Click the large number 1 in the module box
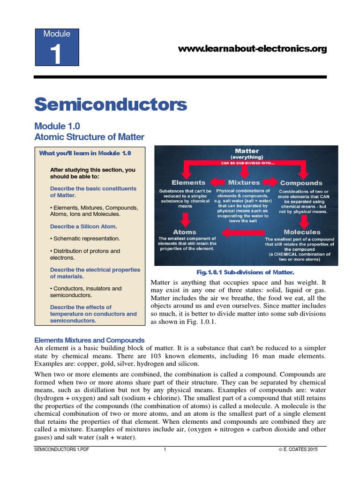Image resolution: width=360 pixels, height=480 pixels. coord(57,54)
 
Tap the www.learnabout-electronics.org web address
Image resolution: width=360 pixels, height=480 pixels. coord(253,49)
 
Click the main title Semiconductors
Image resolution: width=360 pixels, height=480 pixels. coord(111,104)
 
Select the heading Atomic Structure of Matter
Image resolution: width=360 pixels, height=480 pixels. coord(90,137)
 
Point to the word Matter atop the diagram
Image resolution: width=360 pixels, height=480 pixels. coord(247,151)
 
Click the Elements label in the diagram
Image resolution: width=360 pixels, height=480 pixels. coord(188,182)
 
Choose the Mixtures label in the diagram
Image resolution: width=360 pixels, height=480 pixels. coord(244,182)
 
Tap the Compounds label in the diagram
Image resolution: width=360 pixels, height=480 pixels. coord(301,183)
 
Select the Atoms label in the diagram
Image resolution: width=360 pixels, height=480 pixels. coord(185,232)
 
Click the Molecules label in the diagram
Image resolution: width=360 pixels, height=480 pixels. coord(302,232)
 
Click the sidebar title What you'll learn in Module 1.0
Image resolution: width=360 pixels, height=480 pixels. coord(85,153)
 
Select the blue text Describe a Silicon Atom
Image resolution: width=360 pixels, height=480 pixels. coord(82,226)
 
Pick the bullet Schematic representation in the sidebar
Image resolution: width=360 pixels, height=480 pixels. coord(85,239)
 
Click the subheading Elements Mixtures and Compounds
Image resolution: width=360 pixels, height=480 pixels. coord(90,340)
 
